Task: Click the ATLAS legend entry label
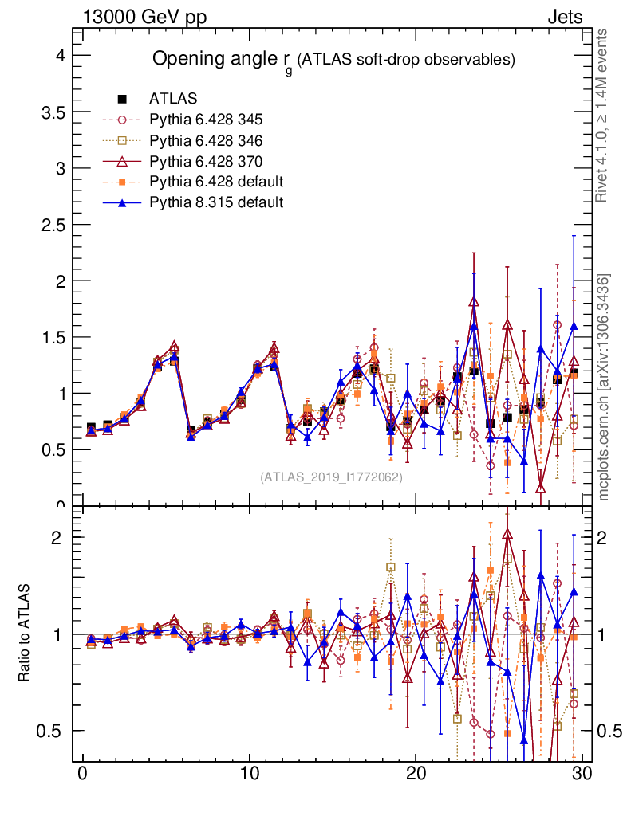[173, 99]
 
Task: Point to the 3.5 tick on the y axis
[49, 113]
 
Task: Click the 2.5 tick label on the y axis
[49, 225]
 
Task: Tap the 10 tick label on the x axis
[249, 775]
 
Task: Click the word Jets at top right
[564, 17]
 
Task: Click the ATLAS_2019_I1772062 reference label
[331, 477]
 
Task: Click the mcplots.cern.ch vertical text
[604, 386]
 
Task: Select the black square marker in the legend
[122, 99]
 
